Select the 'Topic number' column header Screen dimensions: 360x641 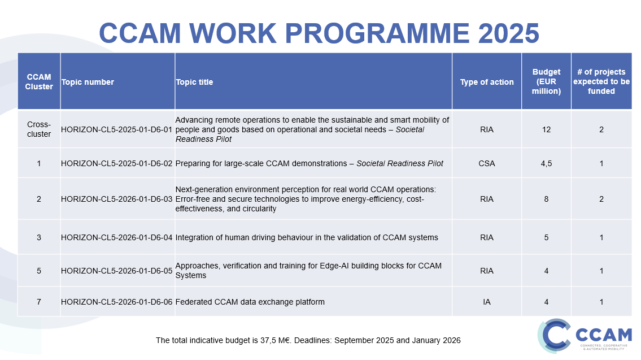pyautogui.click(x=88, y=82)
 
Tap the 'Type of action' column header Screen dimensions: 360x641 pyautogui.click(x=487, y=82)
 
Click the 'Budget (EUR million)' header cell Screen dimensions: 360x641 pyautogui.click(x=546, y=81)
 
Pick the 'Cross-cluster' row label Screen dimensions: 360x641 pyautogui.click(x=39, y=129)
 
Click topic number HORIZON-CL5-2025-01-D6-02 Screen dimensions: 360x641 pyautogui.click(x=116, y=163)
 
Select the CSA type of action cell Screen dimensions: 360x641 pyautogui.click(x=487, y=163)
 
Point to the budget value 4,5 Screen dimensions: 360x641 pyautogui.click(x=546, y=163)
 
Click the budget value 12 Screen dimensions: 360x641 pyautogui.click(x=546, y=129)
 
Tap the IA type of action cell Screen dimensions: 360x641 pyautogui.click(x=487, y=302)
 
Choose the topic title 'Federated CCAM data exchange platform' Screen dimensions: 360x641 pyautogui.click(x=250, y=302)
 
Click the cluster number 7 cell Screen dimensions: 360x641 pyautogui.click(x=39, y=302)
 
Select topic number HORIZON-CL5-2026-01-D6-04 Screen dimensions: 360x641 pyautogui.click(x=116, y=237)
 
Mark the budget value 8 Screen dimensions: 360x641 pyautogui.click(x=546, y=199)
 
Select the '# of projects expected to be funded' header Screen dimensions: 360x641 pyautogui.click(x=601, y=81)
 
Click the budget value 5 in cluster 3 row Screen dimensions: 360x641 pyautogui.click(x=546, y=237)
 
